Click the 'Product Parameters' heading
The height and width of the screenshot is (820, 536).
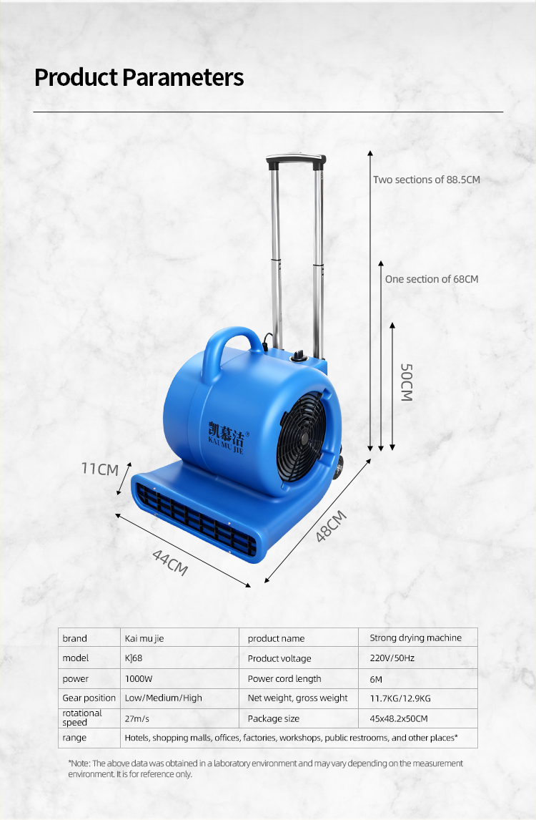[x=139, y=77]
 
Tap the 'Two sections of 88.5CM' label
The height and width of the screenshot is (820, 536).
[x=426, y=180]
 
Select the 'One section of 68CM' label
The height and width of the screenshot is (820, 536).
[x=432, y=279]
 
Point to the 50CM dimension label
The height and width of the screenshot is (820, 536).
[x=407, y=382]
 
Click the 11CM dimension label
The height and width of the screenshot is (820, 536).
[x=100, y=469]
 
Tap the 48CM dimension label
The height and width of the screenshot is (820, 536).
[x=331, y=526]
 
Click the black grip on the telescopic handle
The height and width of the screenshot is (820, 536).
[x=296, y=160]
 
